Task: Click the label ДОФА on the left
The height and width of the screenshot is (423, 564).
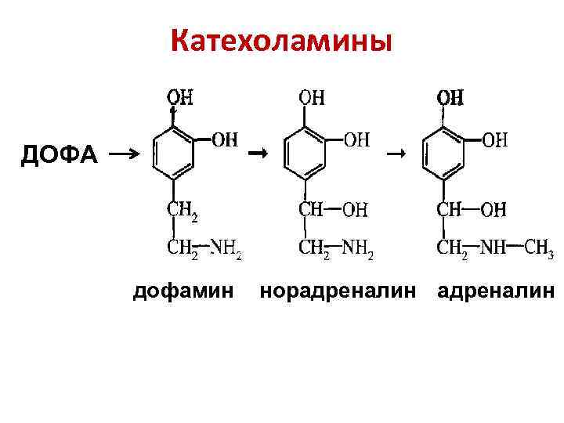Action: pos(60,155)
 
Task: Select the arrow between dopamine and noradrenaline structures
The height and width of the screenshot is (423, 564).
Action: pos(255,154)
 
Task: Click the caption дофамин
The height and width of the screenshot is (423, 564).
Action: pos(183,291)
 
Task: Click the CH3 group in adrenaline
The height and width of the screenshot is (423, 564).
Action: pos(539,250)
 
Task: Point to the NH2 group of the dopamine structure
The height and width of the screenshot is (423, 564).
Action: pos(226,250)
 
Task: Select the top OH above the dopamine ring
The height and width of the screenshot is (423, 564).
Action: pos(180,98)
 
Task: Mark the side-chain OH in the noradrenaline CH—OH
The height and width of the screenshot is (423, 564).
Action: pos(356,210)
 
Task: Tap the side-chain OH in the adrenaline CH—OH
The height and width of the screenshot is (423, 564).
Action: pos(493,210)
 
